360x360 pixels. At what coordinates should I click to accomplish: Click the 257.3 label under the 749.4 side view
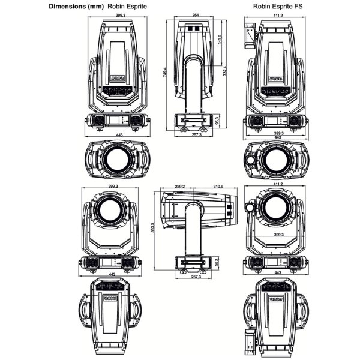pyautogui.click(x=193, y=136)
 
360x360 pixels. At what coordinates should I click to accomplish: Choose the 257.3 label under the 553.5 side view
pyautogui.click(x=193, y=278)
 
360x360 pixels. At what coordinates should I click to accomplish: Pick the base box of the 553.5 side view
pyautogui.click(x=193, y=262)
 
